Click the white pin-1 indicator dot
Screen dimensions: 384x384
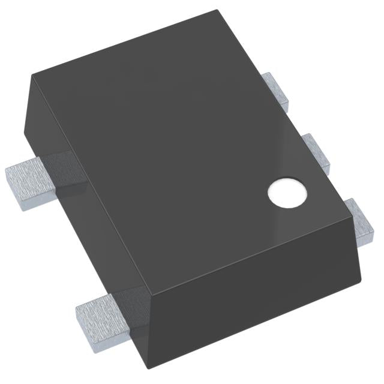[x=287, y=194]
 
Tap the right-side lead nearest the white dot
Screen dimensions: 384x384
[x=362, y=221]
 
